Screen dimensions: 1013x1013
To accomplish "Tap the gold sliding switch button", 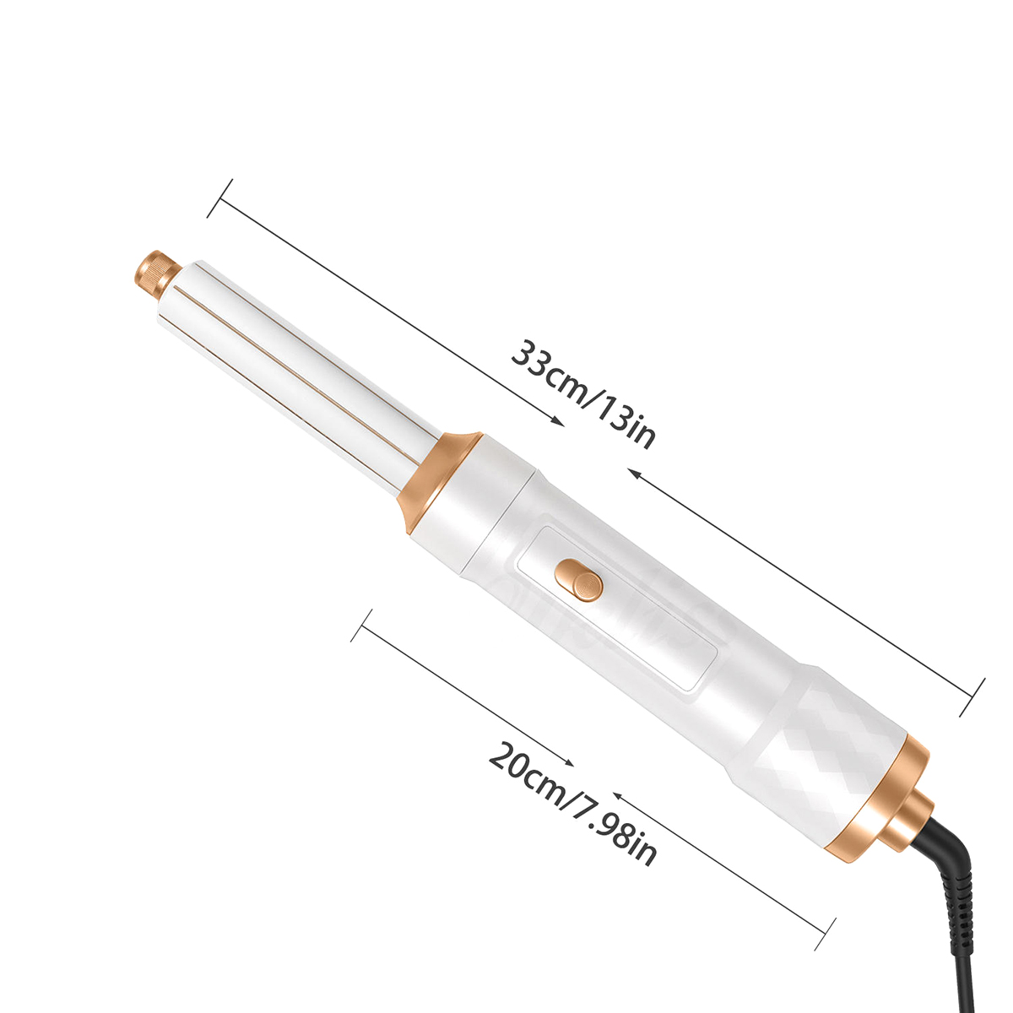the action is click(x=579, y=580).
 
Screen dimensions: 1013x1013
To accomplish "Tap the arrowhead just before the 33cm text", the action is click(x=558, y=421).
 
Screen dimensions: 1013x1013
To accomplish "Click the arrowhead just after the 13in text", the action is click(x=637, y=474).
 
